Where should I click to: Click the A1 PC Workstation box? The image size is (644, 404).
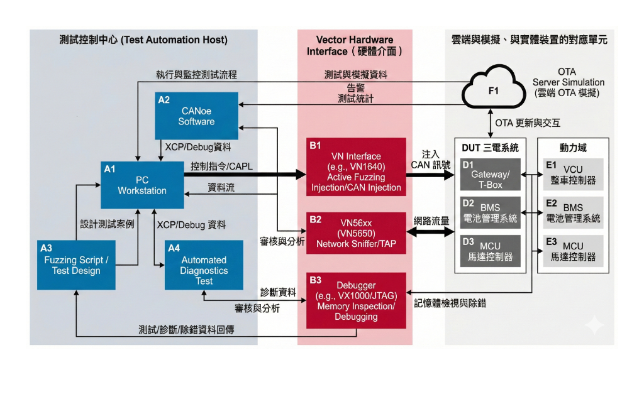(142, 185)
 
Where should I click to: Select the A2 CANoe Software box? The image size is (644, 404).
(196, 116)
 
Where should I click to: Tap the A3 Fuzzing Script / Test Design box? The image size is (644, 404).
(76, 265)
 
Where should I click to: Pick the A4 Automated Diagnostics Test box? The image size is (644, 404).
(204, 265)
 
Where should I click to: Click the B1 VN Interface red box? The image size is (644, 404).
(356, 167)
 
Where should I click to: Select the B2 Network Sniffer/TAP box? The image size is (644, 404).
(356, 233)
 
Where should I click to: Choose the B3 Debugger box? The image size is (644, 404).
(356, 300)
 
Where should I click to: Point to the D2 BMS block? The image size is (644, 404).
(491, 212)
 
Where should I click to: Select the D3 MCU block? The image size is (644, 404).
(491, 251)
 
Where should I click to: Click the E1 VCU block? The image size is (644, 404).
(573, 174)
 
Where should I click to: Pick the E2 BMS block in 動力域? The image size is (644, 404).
(573, 212)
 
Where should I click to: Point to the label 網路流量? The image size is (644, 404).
(430, 221)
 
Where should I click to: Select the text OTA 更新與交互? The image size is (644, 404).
(527, 123)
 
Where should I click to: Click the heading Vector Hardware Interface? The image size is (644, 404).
(355, 45)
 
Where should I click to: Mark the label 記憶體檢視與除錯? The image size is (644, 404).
(450, 303)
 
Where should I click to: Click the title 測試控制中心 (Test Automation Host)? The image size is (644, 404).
(143, 40)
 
